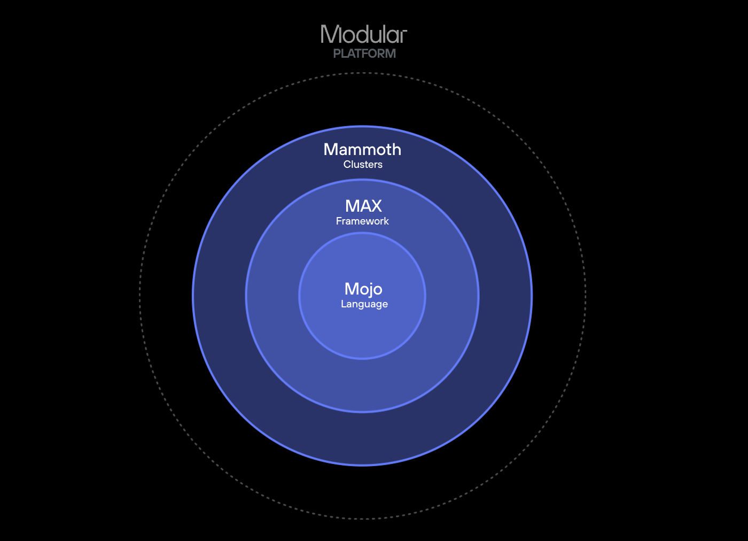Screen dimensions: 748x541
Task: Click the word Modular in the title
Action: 364,35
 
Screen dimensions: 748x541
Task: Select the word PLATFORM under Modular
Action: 364,53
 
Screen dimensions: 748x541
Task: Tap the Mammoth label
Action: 362,150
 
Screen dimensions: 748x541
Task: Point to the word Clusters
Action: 363,165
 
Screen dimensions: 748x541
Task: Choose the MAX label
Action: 363,206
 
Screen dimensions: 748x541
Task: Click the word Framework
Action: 362,221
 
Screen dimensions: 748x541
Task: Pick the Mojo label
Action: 363,289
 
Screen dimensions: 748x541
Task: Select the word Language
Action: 364,304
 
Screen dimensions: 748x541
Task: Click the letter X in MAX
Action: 376,206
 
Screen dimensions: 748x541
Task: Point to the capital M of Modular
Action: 331,35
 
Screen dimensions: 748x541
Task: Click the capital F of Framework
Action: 339,221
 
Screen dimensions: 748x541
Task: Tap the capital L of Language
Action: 344,304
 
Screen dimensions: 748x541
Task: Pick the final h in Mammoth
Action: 396,150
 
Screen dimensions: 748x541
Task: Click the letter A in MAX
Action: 363,206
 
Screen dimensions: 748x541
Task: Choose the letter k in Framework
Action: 386,221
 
